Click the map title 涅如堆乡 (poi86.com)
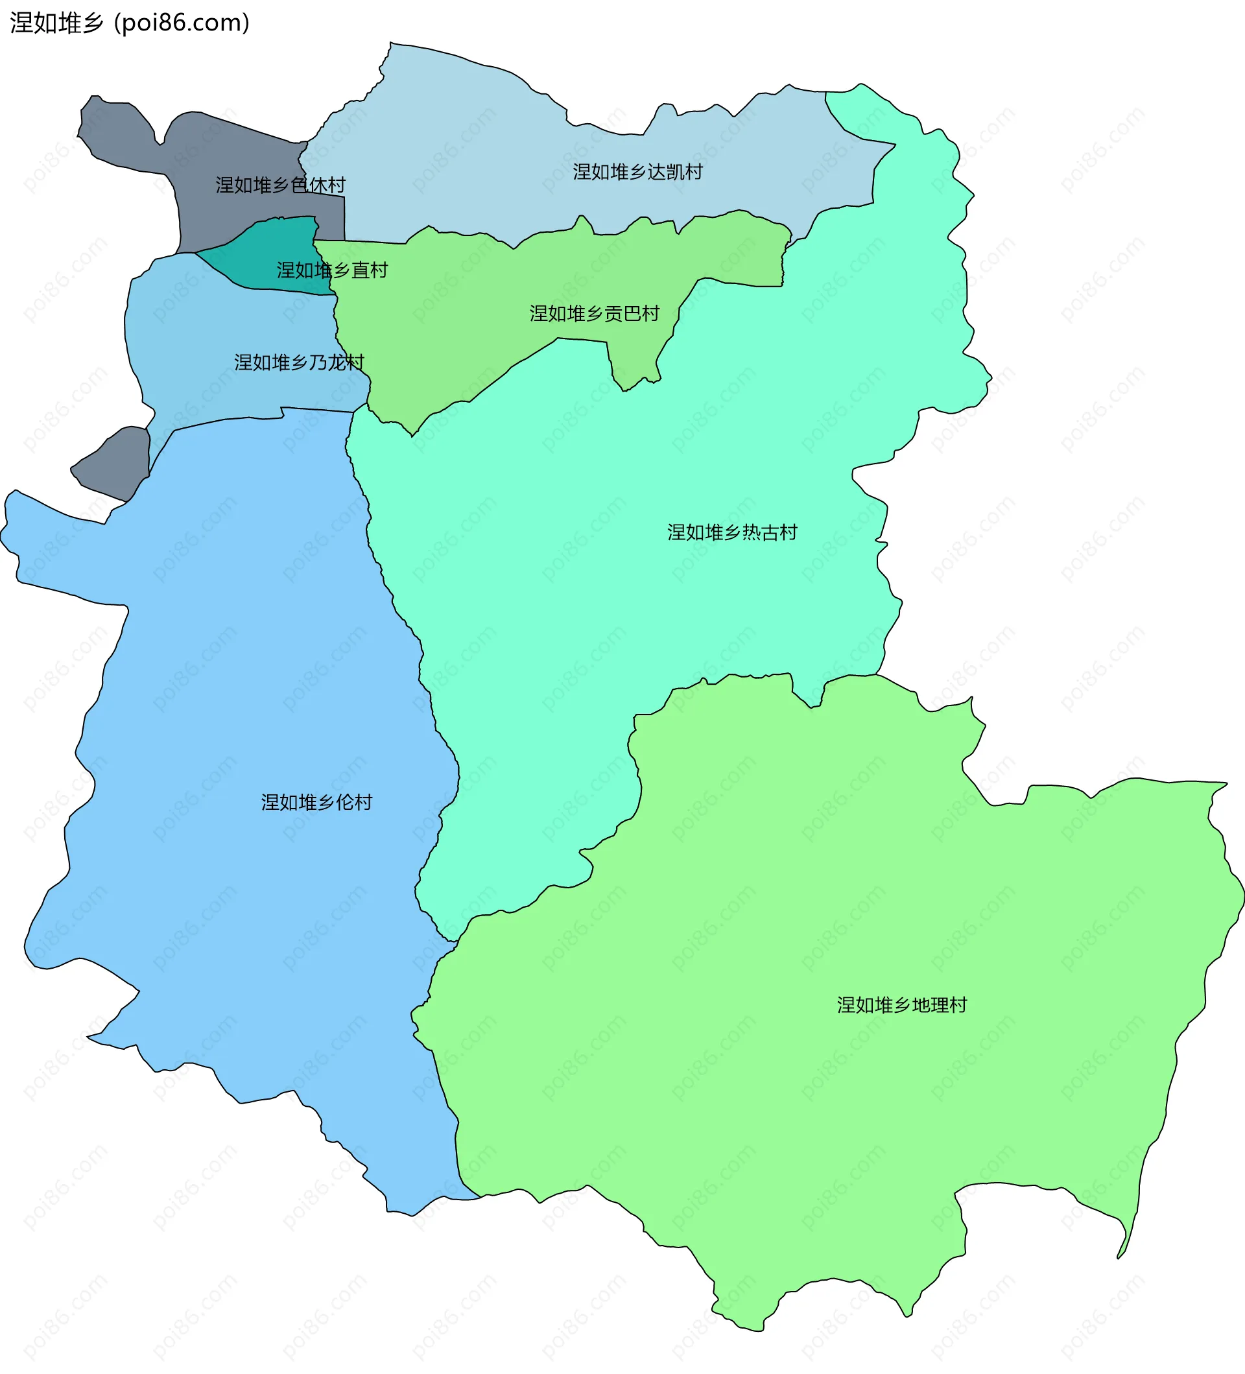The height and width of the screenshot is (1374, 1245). pos(130,23)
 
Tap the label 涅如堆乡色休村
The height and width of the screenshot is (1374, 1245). pos(280,185)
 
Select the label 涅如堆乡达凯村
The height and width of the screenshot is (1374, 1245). pos(637,172)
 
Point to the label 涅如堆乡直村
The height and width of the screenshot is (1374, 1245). pos(332,270)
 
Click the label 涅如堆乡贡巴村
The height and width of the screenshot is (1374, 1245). pos(594,314)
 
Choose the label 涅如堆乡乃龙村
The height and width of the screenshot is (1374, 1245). pos(299,362)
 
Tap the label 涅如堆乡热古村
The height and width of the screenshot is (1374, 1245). pos(732,532)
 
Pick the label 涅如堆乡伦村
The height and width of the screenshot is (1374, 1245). pos(317,802)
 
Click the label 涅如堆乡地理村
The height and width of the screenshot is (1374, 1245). pos(901,1005)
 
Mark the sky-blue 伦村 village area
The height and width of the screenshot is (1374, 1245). pos(239,681)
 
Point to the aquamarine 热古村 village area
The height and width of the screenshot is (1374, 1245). pos(613,613)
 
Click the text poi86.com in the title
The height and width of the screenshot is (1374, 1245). pos(182,23)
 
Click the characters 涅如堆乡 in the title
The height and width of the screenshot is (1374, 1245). pos(56,23)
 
